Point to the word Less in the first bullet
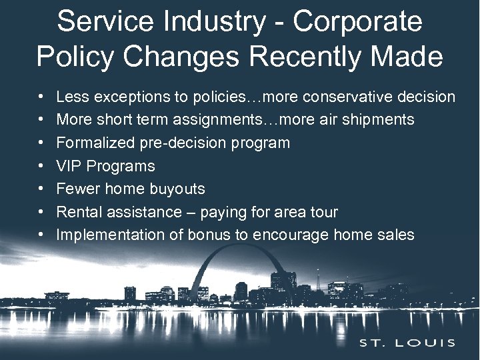pyautogui.click(x=71, y=97)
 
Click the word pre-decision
pyautogui.click(x=173, y=143)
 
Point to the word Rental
pyautogui.click(x=77, y=212)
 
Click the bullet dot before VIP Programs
pyautogui.click(x=41, y=166)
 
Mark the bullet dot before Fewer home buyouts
pyautogui.click(x=41, y=189)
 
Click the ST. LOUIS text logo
pyautogui.click(x=407, y=343)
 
